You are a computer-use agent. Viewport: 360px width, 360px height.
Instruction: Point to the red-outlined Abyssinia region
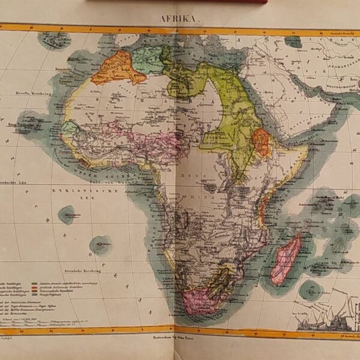(261, 142)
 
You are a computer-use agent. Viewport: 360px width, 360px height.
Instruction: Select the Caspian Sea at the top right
(293, 41)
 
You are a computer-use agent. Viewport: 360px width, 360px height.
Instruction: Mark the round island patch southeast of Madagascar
(311, 289)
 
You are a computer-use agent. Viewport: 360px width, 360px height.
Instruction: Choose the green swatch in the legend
(43, 282)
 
